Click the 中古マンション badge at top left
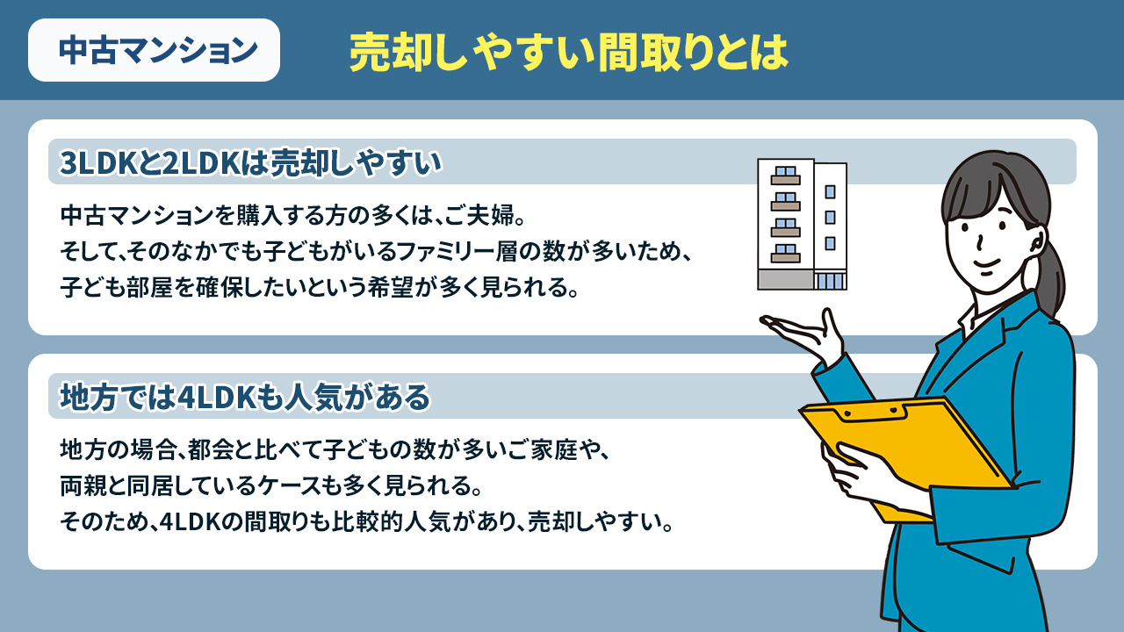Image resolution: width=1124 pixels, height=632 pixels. (155, 50)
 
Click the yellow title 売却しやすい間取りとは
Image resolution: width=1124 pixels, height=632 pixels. (568, 53)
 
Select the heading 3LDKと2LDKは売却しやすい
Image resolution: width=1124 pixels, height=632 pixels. (249, 162)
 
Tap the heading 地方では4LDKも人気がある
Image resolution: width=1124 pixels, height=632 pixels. (245, 398)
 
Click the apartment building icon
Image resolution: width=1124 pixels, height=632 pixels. (802, 226)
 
